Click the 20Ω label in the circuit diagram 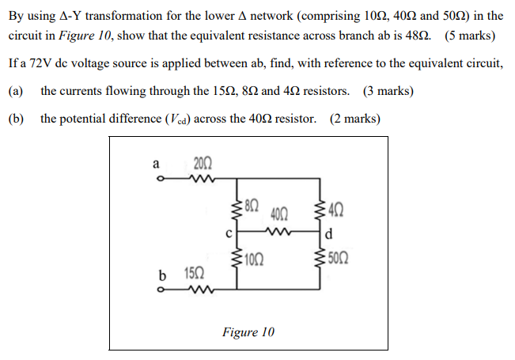(x=202, y=164)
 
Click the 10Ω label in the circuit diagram (x=253, y=259)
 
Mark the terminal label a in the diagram (x=156, y=164)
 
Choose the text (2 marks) (x=354, y=119)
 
